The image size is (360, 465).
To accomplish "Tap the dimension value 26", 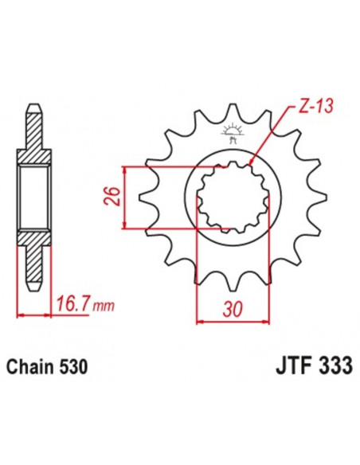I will click(x=112, y=195).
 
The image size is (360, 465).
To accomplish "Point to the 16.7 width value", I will click(x=70, y=303).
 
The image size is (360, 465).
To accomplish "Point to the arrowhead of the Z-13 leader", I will click(x=251, y=162).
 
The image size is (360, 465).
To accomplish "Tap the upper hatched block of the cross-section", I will click(x=33, y=148).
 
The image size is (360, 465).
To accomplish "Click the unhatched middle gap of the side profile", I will click(x=33, y=197).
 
